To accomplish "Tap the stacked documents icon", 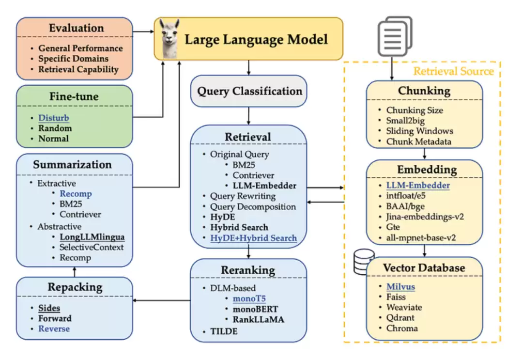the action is pos(395,36).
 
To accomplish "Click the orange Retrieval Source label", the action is pos(453,71).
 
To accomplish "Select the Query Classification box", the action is pos(248,91).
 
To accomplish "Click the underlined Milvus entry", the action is pos(400,287).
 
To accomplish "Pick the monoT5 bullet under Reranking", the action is pos(249,298).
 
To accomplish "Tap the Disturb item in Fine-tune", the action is pos(54,118).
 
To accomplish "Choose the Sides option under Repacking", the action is pos(49,308).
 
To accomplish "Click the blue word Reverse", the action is pos(54,329).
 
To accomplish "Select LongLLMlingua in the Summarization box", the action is pos(92,237).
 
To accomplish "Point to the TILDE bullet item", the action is pos(224,331).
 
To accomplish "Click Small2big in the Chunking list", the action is pos(405,121).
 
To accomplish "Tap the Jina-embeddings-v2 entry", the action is pos(425,217).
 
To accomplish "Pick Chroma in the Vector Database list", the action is pos(402,329).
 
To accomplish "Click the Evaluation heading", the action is pos(77,28).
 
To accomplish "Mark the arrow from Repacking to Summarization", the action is pos(75,272).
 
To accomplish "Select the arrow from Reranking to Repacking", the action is pos(161,300).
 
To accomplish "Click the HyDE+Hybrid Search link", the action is pos(253,238).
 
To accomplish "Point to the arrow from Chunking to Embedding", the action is pos(424,154).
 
